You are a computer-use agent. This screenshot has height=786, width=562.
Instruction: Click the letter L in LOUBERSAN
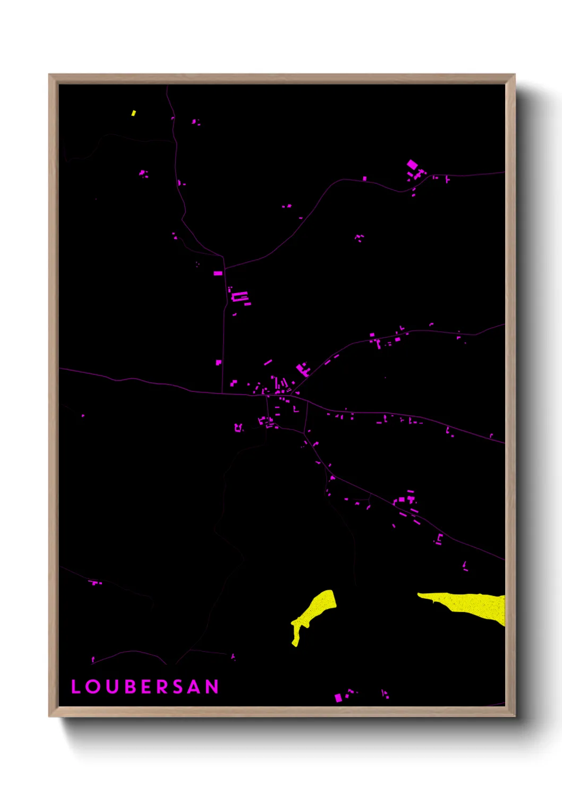coord(75,687)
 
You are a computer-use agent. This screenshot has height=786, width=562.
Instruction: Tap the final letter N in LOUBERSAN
coord(212,687)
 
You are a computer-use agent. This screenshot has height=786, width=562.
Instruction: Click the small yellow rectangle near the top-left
coord(133,113)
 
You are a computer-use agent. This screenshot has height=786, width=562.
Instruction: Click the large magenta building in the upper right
coord(412,164)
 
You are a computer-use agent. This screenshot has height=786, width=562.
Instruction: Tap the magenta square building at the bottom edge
coord(338,698)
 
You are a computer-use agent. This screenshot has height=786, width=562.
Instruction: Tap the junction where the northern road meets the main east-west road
coord(222,393)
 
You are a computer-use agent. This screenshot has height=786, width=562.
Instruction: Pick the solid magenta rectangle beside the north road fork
coord(218,273)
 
